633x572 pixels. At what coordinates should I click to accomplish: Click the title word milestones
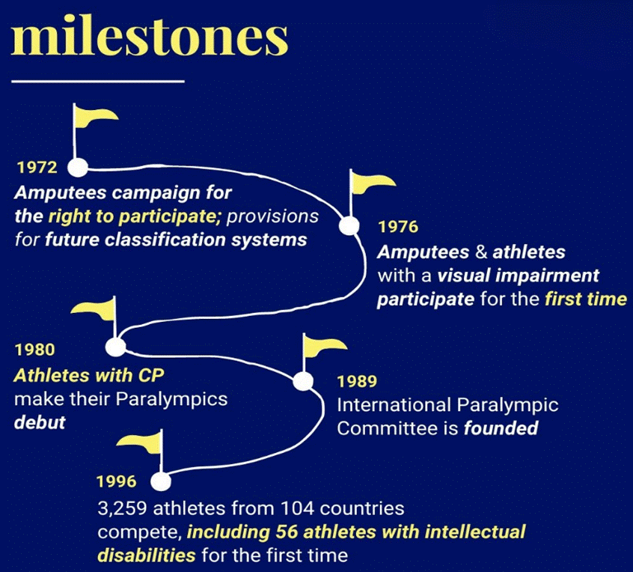coord(150,37)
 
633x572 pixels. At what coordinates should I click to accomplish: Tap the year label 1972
coord(37,167)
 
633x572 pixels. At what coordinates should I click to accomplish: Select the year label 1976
coord(398,227)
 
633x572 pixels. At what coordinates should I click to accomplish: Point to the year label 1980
coord(34,350)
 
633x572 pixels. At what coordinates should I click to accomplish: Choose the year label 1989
coord(357,381)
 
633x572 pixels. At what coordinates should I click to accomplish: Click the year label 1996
coord(117,481)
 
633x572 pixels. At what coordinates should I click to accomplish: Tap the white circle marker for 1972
coord(78,167)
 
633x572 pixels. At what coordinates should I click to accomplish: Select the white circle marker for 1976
coord(349,226)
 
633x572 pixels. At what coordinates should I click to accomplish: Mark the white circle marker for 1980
coord(116,347)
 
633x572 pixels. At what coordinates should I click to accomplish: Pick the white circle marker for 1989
coord(303,381)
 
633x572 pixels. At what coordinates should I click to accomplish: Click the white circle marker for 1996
coord(161,481)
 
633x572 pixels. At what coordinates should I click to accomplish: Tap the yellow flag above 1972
coord(95,117)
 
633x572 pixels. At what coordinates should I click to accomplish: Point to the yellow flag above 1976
coord(372,183)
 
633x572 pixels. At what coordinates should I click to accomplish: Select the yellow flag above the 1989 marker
coord(324,347)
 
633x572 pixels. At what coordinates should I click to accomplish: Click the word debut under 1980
coord(40,422)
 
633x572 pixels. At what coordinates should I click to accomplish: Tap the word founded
coord(501,428)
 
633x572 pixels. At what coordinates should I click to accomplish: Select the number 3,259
coord(122,508)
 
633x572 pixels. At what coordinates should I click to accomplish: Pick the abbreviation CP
coord(151,376)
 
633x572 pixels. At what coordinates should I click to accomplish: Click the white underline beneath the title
coord(98,81)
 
